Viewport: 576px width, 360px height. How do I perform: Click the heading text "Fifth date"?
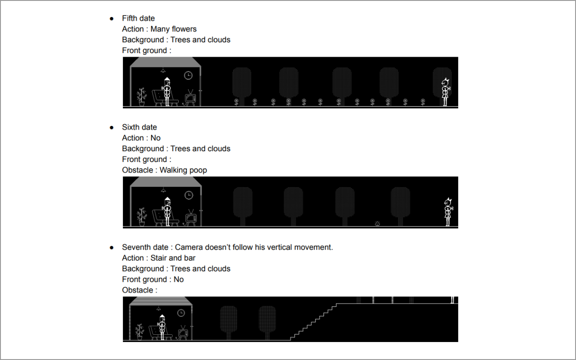(138, 18)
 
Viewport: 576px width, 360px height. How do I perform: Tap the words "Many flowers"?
(173, 29)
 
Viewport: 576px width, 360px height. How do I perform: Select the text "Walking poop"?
(183, 170)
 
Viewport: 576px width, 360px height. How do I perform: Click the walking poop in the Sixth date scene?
(377, 224)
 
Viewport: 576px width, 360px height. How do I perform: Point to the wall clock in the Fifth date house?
(188, 75)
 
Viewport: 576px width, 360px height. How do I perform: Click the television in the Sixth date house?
(191, 218)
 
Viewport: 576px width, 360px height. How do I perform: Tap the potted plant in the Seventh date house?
(139, 332)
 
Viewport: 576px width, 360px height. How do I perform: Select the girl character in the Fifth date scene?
(445, 92)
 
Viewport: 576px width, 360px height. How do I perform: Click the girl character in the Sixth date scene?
(448, 212)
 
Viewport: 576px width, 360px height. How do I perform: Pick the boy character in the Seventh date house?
(162, 327)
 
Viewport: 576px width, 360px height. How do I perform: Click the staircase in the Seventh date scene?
(313, 322)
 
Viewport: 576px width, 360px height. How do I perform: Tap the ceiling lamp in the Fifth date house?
(163, 70)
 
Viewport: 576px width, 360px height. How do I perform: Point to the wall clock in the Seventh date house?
(181, 313)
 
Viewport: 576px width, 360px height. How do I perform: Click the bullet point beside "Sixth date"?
(112, 127)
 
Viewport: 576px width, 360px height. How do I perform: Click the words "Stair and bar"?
(173, 258)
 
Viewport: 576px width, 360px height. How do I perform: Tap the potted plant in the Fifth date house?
(142, 97)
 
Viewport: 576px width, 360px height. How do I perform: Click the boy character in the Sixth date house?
(167, 211)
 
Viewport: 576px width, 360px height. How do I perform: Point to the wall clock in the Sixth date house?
(189, 195)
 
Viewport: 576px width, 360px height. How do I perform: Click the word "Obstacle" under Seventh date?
(138, 290)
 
